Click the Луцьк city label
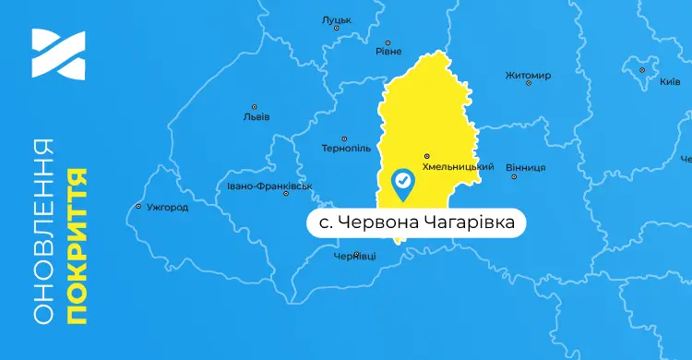pos(336,18)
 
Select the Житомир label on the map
pos(529,75)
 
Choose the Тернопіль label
pos(346,148)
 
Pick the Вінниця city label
pos(526,167)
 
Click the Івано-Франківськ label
pos(270,186)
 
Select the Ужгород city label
pos(167,208)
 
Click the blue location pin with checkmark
pos(403,184)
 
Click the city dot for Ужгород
pos(138,206)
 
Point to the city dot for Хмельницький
pos(426,155)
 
